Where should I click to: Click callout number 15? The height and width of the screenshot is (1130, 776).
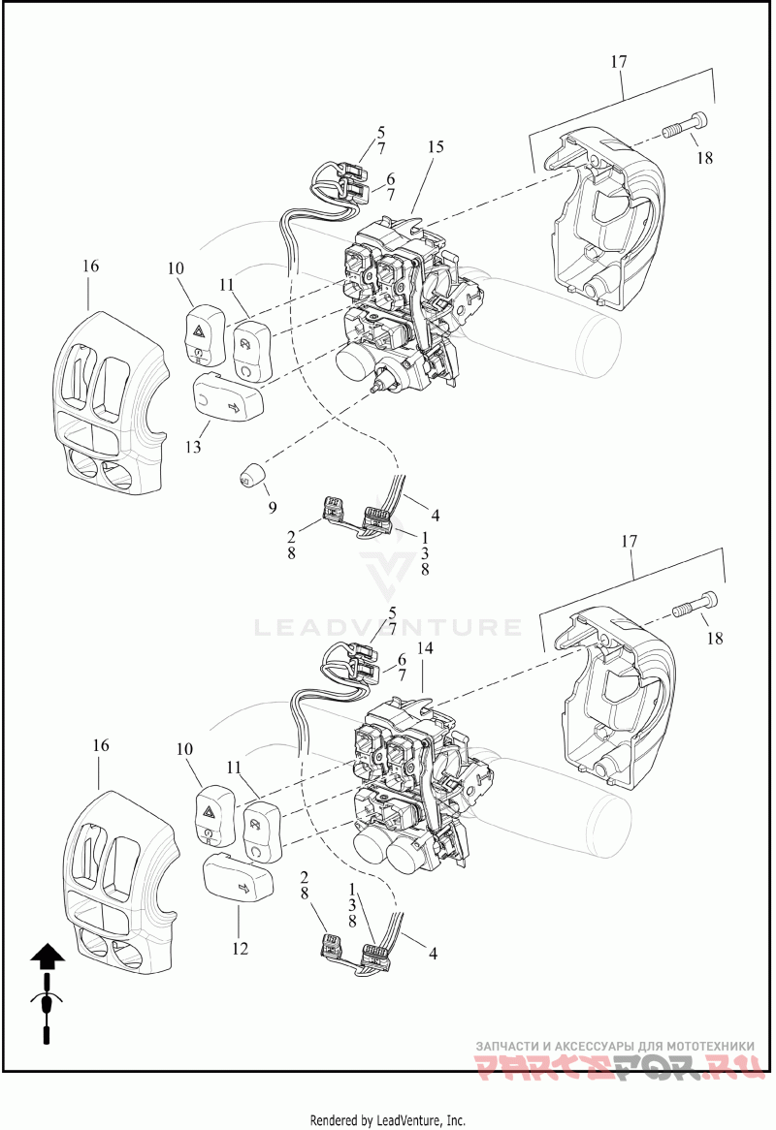tap(436, 146)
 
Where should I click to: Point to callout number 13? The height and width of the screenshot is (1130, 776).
tap(194, 447)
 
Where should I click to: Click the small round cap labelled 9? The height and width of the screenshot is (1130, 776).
tap(253, 476)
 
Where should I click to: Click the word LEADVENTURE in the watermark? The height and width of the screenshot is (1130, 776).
tap(387, 627)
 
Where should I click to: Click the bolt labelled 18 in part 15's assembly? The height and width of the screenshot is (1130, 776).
tap(686, 124)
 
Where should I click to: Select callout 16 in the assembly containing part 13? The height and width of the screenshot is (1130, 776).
tap(90, 266)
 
